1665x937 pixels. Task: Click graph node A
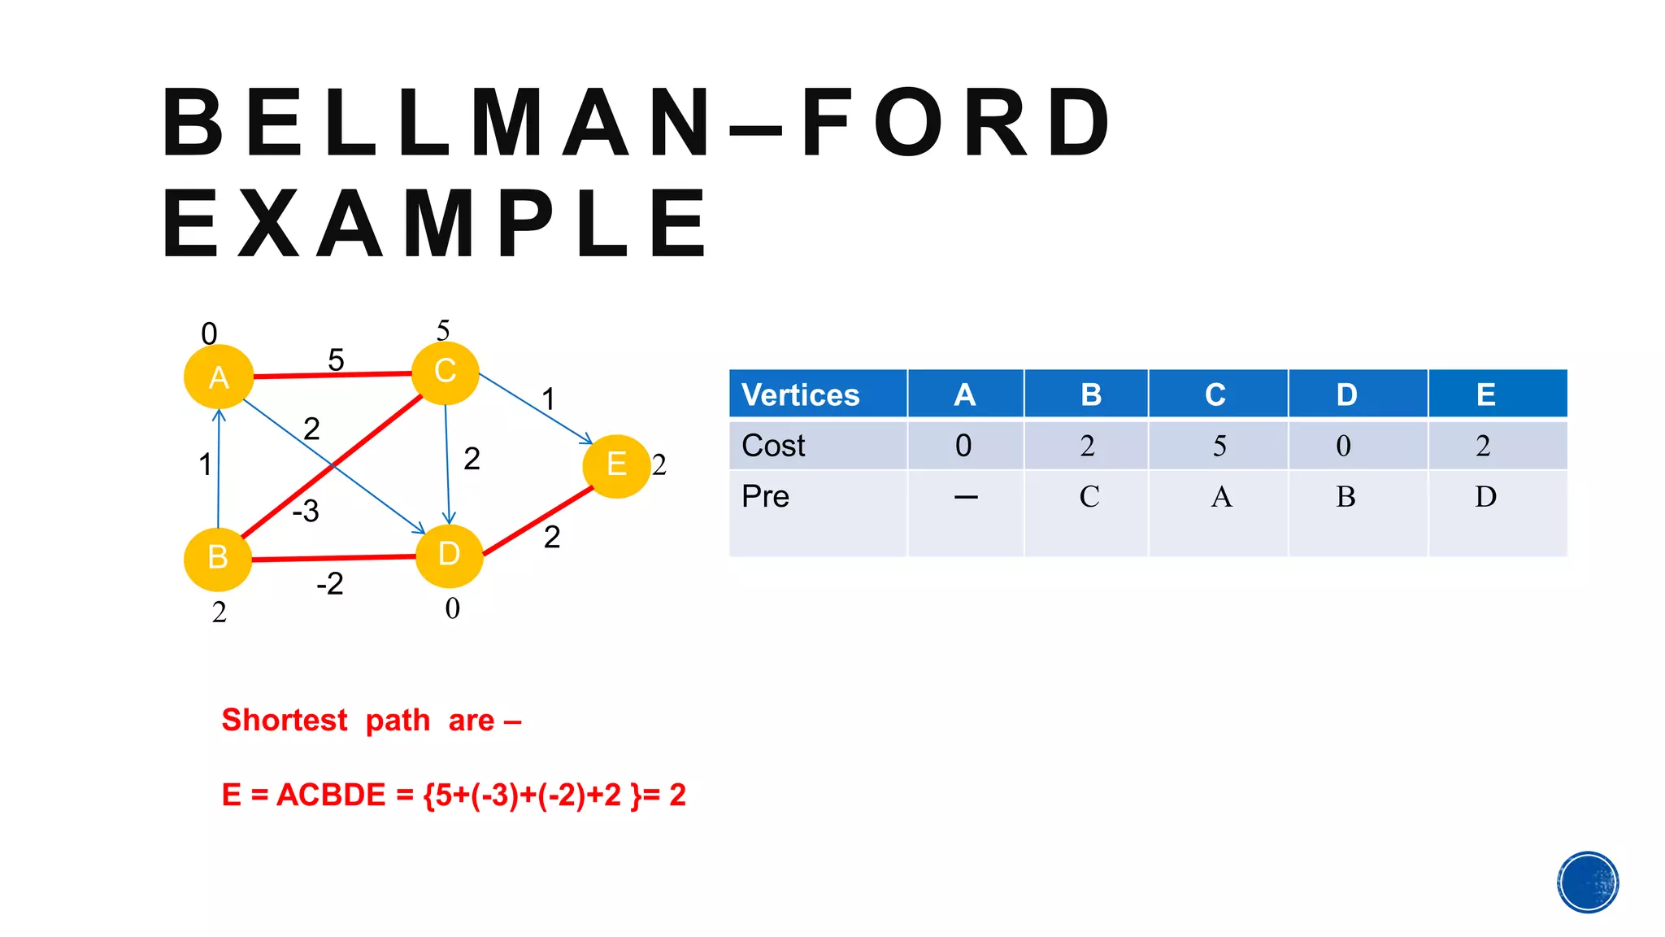(x=218, y=377)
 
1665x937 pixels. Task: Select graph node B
(x=218, y=558)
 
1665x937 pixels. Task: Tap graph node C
(x=445, y=372)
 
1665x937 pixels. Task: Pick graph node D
(x=449, y=555)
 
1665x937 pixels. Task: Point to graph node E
(x=616, y=465)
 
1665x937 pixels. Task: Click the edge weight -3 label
(x=306, y=512)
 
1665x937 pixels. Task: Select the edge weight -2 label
(x=330, y=584)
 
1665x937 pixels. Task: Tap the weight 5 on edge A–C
(x=336, y=360)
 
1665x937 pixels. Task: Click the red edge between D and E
(x=538, y=521)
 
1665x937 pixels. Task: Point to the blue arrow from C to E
(x=534, y=408)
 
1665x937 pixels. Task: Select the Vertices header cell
(x=801, y=395)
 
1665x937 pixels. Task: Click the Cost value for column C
(x=1219, y=446)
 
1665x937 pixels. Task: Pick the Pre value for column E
(x=1485, y=497)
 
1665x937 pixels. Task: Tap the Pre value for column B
(x=1089, y=497)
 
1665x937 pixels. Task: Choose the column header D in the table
(x=1346, y=395)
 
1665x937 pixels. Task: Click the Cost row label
(x=773, y=446)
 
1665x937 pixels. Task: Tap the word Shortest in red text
(x=285, y=721)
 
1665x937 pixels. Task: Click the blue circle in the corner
(x=1588, y=883)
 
